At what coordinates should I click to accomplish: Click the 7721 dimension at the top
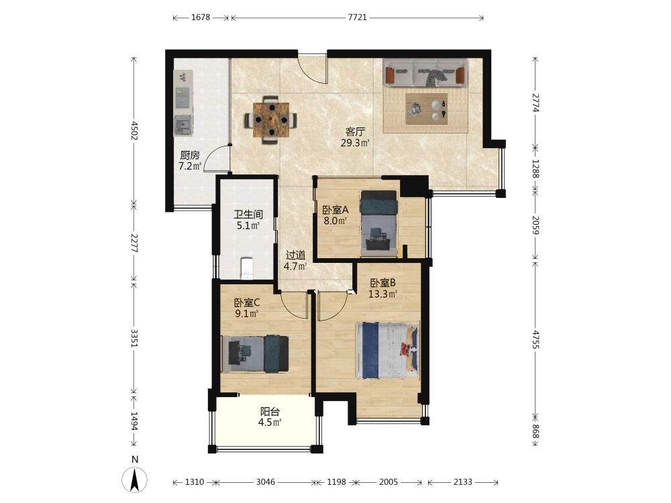click(x=358, y=17)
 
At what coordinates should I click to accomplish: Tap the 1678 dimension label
click(x=201, y=17)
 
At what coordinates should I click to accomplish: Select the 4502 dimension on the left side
click(x=134, y=131)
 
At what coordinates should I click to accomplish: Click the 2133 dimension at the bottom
click(x=462, y=482)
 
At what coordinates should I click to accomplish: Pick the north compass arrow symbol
click(x=135, y=480)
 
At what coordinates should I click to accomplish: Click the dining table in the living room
click(x=270, y=120)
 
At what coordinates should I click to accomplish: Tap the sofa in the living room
click(x=425, y=73)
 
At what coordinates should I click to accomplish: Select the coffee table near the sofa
click(x=427, y=109)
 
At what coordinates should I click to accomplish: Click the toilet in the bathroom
click(x=247, y=268)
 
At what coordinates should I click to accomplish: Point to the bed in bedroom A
click(x=378, y=223)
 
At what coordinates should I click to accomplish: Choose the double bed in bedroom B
click(x=387, y=350)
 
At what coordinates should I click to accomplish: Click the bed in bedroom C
click(x=254, y=354)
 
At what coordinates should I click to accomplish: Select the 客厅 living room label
click(x=355, y=131)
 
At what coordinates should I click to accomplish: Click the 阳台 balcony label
click(x=270, y=412)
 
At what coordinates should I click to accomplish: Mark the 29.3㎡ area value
click(x=355, y=143)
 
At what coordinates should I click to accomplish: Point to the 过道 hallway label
click(x=296, y=256)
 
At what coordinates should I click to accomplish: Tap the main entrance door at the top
click(x=313, y=68)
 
